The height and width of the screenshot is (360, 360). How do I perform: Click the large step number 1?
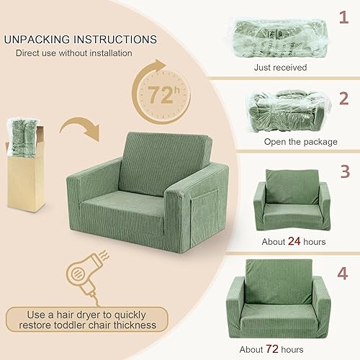(x=343, y=15)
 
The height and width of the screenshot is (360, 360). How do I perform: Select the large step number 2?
(x=343, y=99)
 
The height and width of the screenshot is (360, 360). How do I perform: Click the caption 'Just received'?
(x=280, y=67)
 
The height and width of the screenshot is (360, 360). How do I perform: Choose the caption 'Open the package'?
(x=280, y=141)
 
